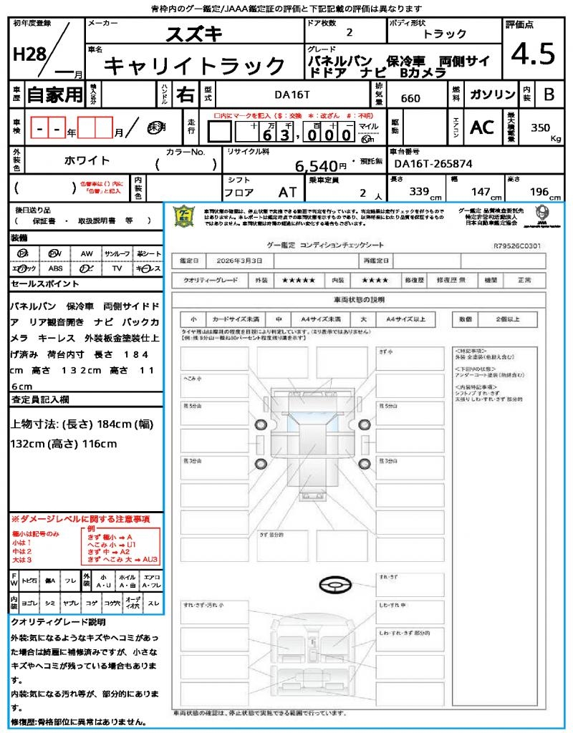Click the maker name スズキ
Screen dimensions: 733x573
point(195,34)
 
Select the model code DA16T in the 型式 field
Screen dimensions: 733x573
point(293,93)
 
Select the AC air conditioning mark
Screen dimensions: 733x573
point(482,127)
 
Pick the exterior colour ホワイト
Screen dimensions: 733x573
point(88,160)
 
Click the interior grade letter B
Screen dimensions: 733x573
point(549,94)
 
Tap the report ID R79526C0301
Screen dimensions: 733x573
point(517,246)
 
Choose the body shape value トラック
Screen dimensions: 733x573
point(445,34)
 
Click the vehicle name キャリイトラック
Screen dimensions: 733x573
point(195,67)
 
